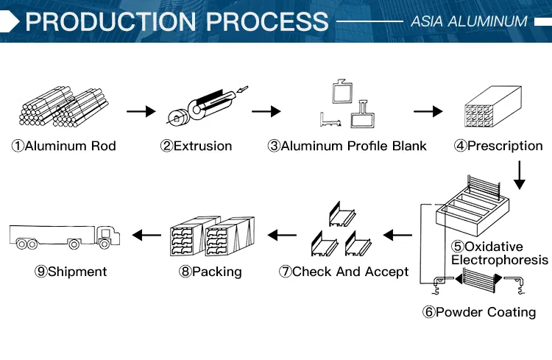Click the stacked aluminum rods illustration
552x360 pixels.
(63, 107)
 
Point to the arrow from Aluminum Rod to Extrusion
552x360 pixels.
(141, 112)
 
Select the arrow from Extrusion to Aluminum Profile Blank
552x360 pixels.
(266, 112)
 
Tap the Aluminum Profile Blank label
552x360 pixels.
(347, 146)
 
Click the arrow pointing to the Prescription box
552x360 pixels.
(428, 112)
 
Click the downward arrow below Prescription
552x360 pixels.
(520, 174)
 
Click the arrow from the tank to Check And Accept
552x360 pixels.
(398, 236)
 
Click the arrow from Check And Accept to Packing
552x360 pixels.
(281, 236)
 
